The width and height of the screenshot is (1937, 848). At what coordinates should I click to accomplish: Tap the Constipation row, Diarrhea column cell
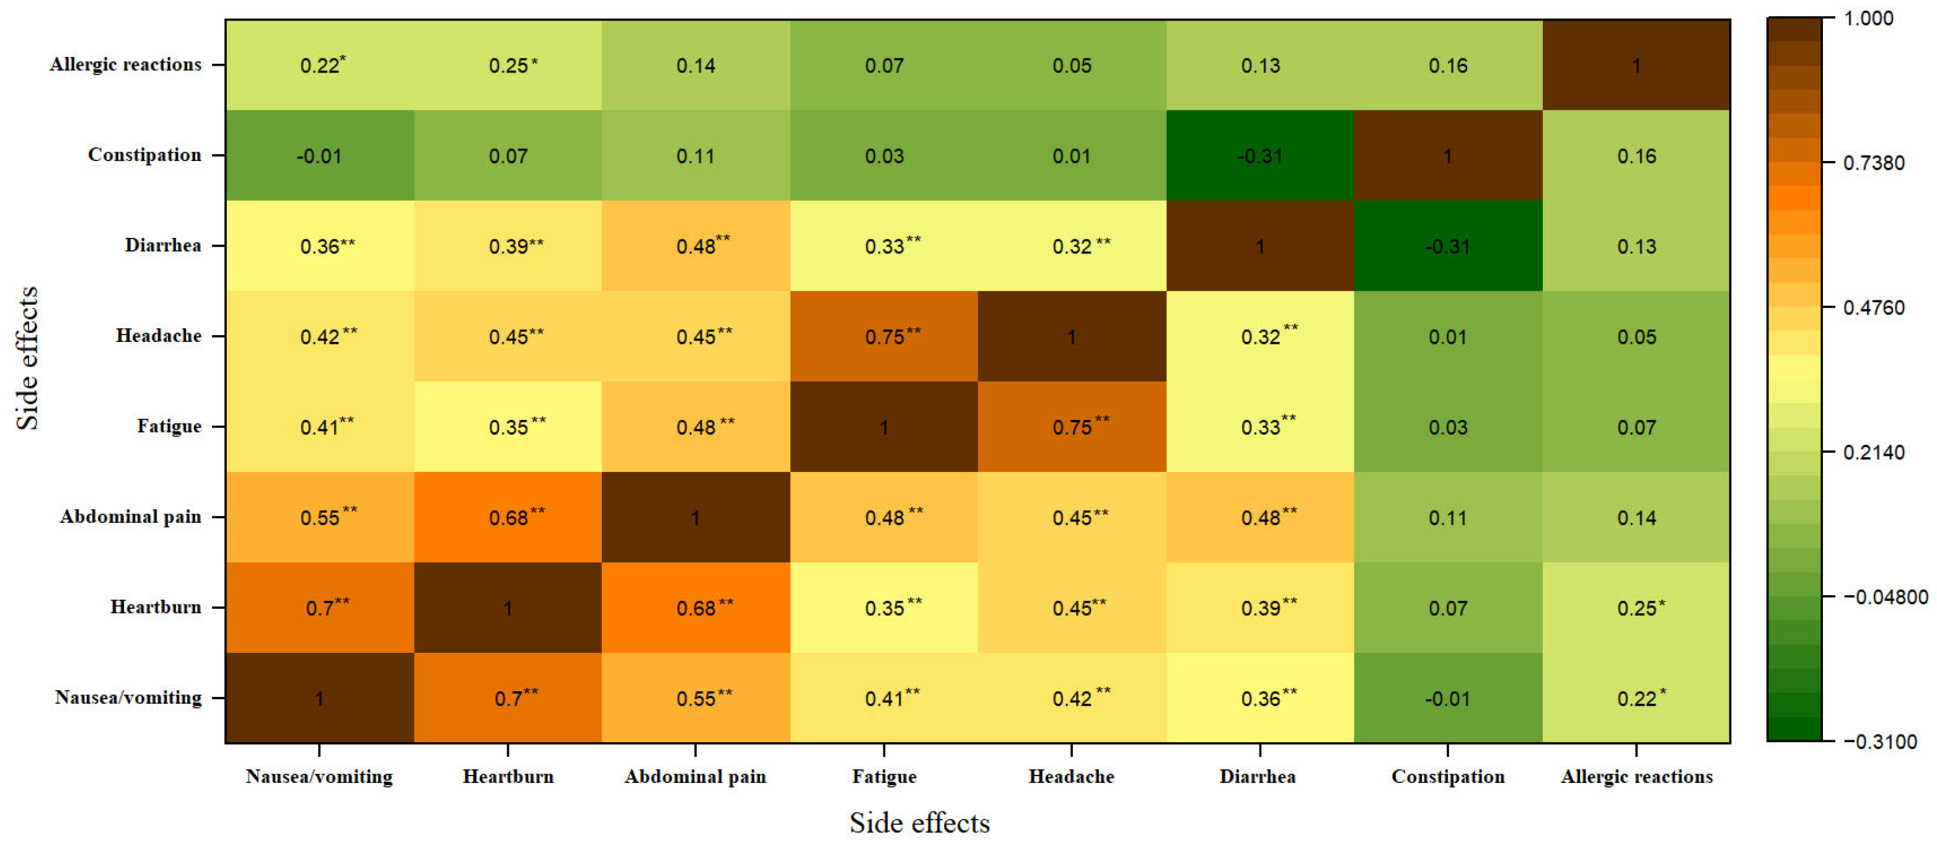tap(1260, 155)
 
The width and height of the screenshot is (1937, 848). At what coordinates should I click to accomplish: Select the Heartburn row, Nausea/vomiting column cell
tap(320, 608)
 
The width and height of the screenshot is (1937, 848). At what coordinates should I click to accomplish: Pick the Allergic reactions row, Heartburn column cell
tap(508, 66)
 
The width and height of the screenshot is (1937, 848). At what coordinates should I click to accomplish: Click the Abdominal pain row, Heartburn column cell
tap(508, 517)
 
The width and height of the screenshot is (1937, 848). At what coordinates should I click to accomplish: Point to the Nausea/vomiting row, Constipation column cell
tap(1447, 697)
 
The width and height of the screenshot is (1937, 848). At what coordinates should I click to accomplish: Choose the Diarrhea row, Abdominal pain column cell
tap(695, 246)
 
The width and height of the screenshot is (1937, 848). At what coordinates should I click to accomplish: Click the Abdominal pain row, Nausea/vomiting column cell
tap(320, 517)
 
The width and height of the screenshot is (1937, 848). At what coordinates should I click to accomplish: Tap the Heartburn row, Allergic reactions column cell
tap(1636, 608)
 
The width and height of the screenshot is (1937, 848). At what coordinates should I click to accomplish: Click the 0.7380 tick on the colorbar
tap(1827, 162)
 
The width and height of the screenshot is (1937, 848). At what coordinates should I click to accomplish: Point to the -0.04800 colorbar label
tap(1884, 597)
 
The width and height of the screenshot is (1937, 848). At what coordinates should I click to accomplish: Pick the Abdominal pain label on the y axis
tap(131, 517)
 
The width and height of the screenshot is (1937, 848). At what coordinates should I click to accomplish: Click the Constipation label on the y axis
tap(144, 155)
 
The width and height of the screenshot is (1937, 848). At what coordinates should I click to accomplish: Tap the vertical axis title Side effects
tap(27, 358)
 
